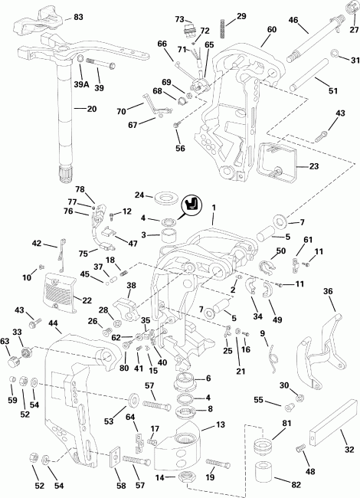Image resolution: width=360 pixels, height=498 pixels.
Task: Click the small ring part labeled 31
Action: tap(335, 54)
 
